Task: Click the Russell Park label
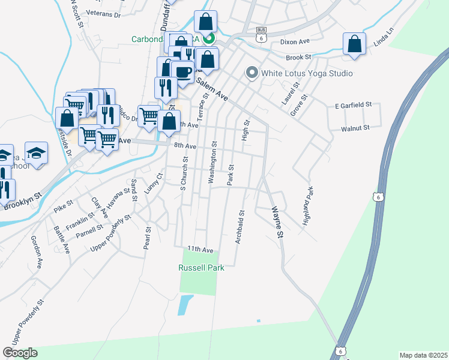(202, 268)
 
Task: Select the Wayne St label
(277, 221)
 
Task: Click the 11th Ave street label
(200, 249)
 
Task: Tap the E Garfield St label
(354, 105)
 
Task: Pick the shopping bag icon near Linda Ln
(355, 44)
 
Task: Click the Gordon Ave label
(37, 252)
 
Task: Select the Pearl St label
(147, 238)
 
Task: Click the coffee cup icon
(182, 72)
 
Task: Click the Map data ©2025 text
(423, 355)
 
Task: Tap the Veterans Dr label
(103, 12)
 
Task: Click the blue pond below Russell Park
(185, 305)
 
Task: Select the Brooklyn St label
(23, 200)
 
